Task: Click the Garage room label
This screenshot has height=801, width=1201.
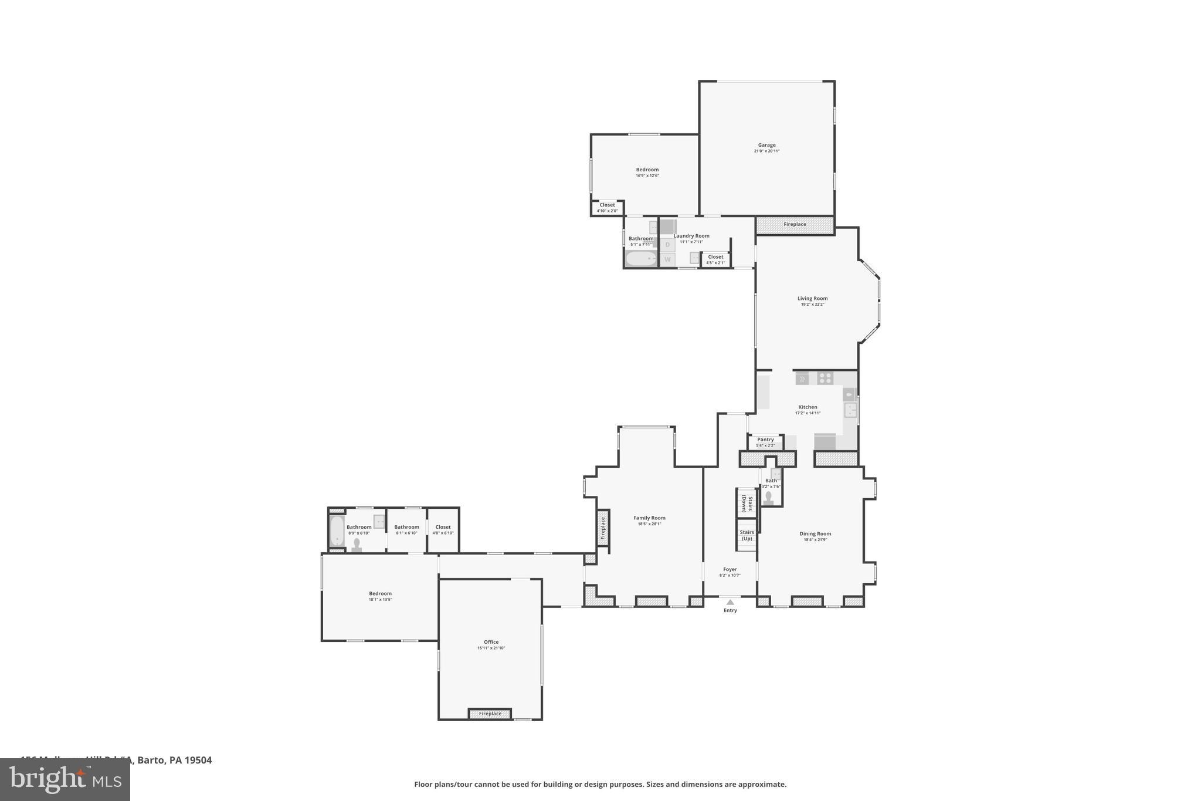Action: [766, 145]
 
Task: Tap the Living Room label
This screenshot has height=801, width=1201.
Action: [812, 298]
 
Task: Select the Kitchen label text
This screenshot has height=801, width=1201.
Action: [808, 407]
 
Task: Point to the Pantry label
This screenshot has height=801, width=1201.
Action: [765, 440]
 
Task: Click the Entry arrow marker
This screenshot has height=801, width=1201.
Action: [730, 602]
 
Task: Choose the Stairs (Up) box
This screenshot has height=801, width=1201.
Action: [747, 535]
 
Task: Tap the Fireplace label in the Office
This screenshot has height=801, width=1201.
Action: [490, 714]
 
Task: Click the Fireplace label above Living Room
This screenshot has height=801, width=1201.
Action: [795, 224]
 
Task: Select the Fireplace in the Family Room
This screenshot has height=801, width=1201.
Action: [603, 528]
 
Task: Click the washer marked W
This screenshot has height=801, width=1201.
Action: [667, 259]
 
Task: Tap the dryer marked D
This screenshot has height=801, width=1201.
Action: [667, 244]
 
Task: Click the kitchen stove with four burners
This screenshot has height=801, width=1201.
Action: [825, 378]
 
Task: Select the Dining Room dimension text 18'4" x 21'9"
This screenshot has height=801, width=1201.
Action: [815, 539]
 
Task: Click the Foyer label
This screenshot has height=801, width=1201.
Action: [730, 569]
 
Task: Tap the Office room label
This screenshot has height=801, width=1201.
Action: [491, 642]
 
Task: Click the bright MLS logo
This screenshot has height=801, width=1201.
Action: [65, 780]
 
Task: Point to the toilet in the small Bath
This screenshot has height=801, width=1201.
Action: [768, 498]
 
